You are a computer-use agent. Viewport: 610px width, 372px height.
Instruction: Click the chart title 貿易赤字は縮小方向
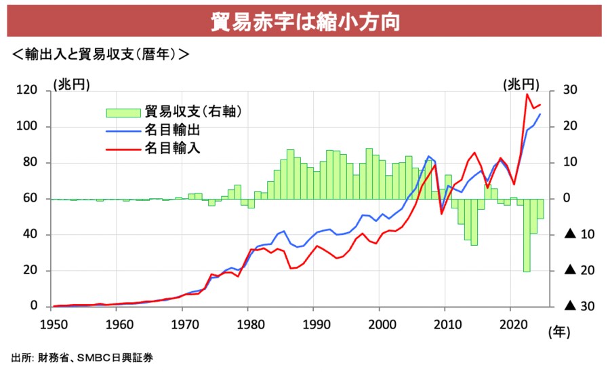click(304, 21)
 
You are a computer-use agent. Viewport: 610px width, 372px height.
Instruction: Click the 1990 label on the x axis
click(314, 323)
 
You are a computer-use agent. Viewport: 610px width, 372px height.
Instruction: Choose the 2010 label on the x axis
click(445, 323)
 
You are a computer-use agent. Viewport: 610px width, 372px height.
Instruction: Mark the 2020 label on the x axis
click(510, 323)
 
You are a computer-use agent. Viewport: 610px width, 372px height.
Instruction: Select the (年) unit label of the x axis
click(560, 333)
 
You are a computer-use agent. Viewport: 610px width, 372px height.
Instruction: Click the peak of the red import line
click(527, 94)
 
